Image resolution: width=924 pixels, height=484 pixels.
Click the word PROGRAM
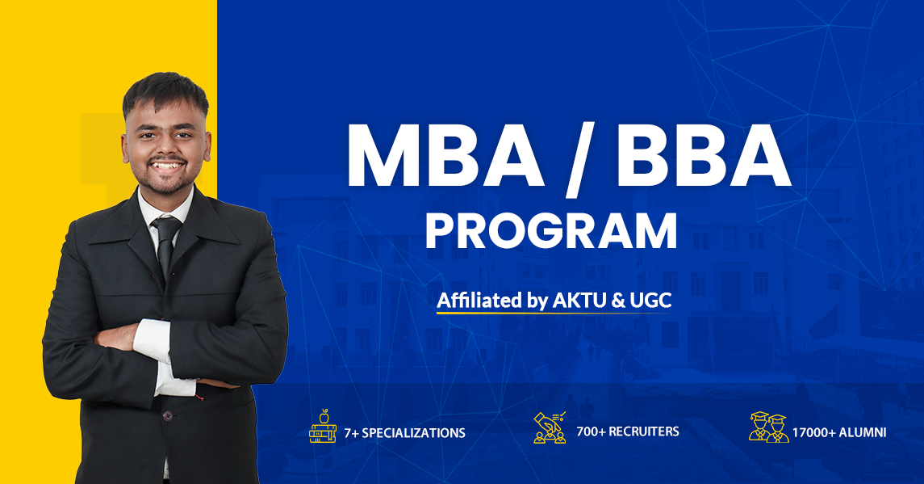[551, 232]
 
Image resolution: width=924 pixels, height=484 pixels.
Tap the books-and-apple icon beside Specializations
[322, 426]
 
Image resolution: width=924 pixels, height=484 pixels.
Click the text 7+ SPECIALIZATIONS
[404, 433]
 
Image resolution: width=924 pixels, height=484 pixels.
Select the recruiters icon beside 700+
[550, 427]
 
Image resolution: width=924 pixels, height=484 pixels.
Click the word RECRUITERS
[643, 431]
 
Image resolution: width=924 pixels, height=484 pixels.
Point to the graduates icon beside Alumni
[769, 427]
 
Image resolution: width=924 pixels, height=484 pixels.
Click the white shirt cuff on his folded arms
[153, 341]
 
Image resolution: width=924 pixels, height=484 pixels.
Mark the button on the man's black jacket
[168, 415]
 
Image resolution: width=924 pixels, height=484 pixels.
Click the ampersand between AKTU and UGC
[618, 301]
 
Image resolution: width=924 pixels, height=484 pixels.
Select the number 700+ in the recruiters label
[591, 431]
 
